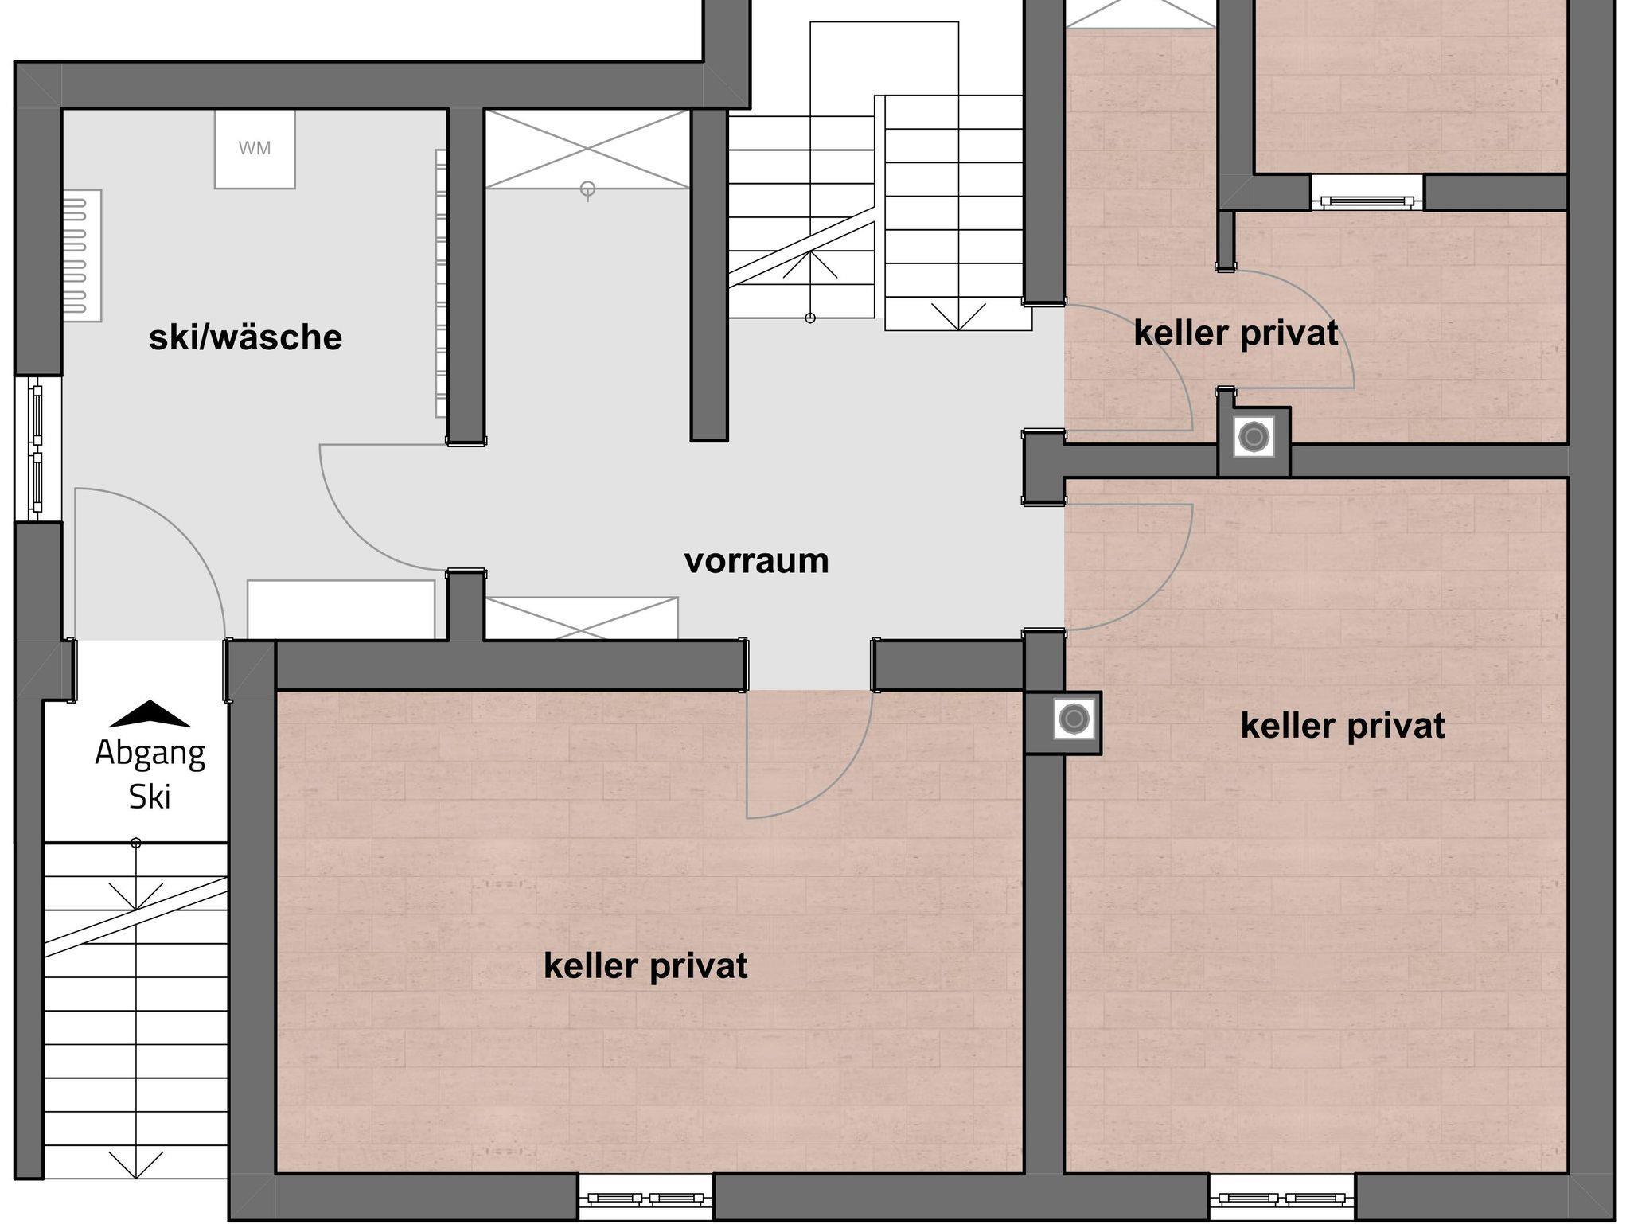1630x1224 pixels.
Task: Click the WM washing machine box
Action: [255, 149]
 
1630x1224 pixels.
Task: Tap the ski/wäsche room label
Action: [245, 337]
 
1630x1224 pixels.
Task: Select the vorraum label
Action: [756, 561]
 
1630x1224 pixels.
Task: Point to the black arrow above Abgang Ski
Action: [150, 714]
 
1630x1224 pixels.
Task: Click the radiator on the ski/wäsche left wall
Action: [82, 255]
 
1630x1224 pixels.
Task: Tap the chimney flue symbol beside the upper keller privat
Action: [1254, 436]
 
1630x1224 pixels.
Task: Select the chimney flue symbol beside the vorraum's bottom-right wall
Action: [1074, 719]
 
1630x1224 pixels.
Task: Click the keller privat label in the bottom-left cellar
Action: [645, 966]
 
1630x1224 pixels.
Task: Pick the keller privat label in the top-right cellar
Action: [1236, 333]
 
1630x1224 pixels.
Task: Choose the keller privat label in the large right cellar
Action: [1343, 726]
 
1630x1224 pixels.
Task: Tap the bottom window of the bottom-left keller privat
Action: [645, 1199]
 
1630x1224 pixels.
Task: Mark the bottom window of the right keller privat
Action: [1282, 1199]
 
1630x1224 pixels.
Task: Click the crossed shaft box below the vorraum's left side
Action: [582, 618]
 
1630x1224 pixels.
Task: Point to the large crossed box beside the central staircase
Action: [587, 149]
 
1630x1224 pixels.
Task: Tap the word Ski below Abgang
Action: [150, 797]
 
